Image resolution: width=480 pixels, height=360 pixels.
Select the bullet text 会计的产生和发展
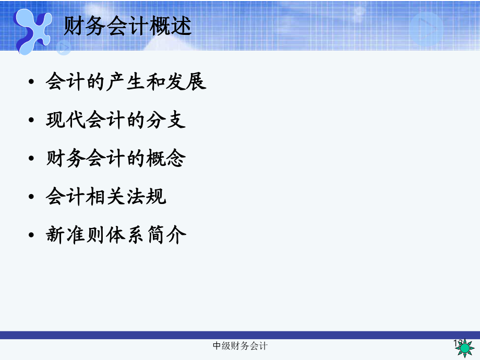click(126, 82)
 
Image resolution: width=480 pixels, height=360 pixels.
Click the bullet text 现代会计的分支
click(116, 121)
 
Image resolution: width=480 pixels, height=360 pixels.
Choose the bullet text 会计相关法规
click(106, 197)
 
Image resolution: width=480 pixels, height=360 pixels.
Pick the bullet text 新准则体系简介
click(116, 235)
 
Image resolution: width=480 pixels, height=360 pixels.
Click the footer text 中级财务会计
click(241, 346)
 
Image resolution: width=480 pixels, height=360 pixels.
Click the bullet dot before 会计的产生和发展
click(32, 83)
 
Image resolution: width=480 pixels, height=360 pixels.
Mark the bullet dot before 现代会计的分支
click(32, 122)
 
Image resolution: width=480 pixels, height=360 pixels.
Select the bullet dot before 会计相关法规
click(32, 198)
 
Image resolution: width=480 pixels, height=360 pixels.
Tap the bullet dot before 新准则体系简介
click(32, 236)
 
